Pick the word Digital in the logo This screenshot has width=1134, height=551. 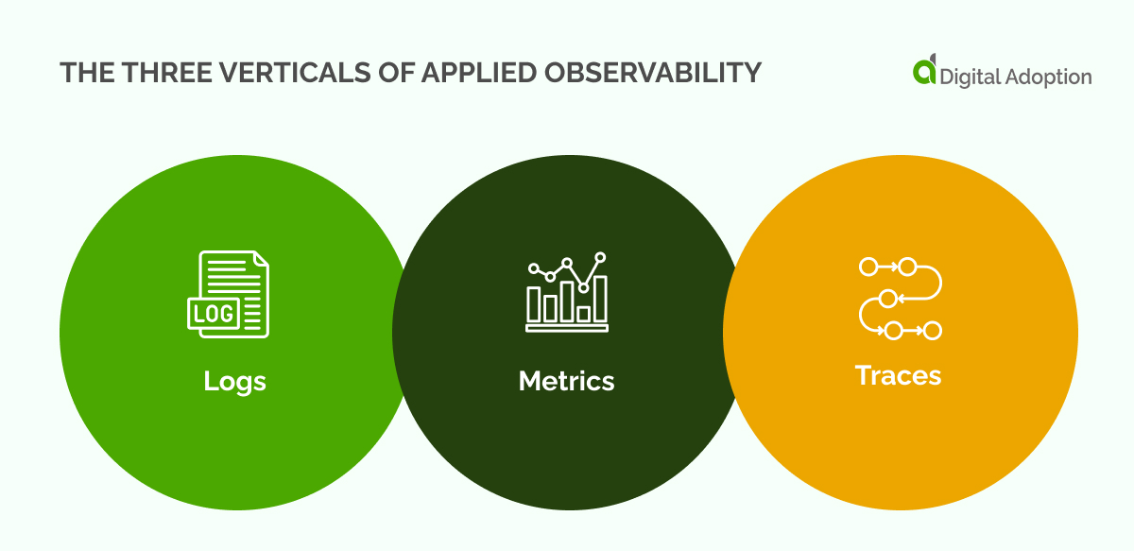click(x=973, y=77)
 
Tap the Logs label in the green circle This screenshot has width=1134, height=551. click(x=234, y=381)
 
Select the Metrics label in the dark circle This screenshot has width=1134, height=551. click(x=566, y=381)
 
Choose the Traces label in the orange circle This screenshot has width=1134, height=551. click(x=898, y=375)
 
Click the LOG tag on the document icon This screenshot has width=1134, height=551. click(x=213, y=313)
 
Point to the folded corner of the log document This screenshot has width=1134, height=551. click(x=260, y=259)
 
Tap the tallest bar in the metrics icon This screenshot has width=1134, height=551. click(x=600, y=298)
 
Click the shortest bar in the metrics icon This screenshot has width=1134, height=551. click(x=584, y=312)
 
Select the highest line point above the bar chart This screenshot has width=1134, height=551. click(x=600, y=256)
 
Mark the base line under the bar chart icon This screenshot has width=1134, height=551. click(x=567, y=329)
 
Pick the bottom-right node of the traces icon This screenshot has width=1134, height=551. click(x=932, y=330)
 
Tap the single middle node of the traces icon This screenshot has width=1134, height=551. click(x=887, y=299)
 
